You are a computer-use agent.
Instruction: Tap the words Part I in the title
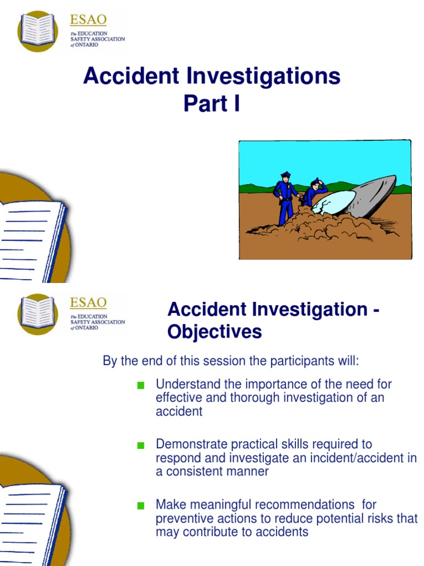click(x=211, y=103)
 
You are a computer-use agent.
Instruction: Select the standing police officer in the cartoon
click(x=285, y=196)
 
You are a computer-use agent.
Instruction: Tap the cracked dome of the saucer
click(x=334, y=202)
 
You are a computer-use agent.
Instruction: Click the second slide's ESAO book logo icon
click(x=38, y=313)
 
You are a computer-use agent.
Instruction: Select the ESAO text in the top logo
click(x=88, y=20)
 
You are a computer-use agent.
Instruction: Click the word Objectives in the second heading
click(x=215, y=332)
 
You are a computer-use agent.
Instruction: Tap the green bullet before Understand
click(x=141, y=385)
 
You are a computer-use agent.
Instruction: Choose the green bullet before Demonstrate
click(x=141, y=446)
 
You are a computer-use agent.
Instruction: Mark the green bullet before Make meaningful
click(x=141, y=506)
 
